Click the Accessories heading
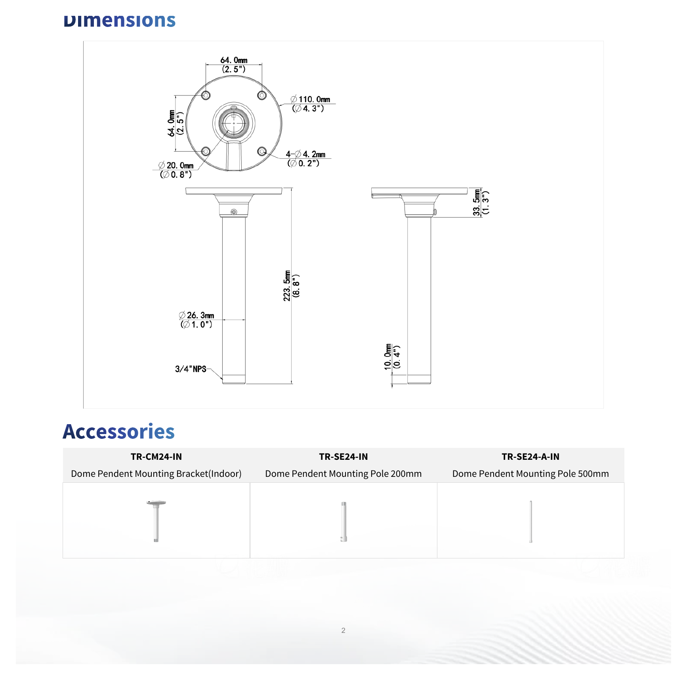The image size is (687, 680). (118, 431)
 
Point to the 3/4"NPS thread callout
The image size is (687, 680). (191, 369)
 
